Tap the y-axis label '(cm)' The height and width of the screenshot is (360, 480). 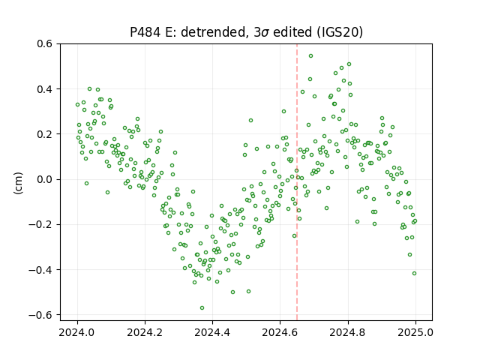coord(18,183)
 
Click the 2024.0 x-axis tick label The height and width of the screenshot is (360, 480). coord(77,332)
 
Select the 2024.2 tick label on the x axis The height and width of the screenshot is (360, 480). coord(145,332)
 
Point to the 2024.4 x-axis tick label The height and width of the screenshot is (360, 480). coord(212,332)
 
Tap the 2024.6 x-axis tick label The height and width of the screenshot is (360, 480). coord(280,332)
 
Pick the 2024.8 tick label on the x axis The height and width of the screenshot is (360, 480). coord(348,332)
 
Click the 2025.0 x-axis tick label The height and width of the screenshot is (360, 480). coord(415,332)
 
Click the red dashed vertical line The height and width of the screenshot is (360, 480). coord(297,182)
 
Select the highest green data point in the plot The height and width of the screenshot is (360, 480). coord(310,56)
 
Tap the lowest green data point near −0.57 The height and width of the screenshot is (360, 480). coord(202,308)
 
